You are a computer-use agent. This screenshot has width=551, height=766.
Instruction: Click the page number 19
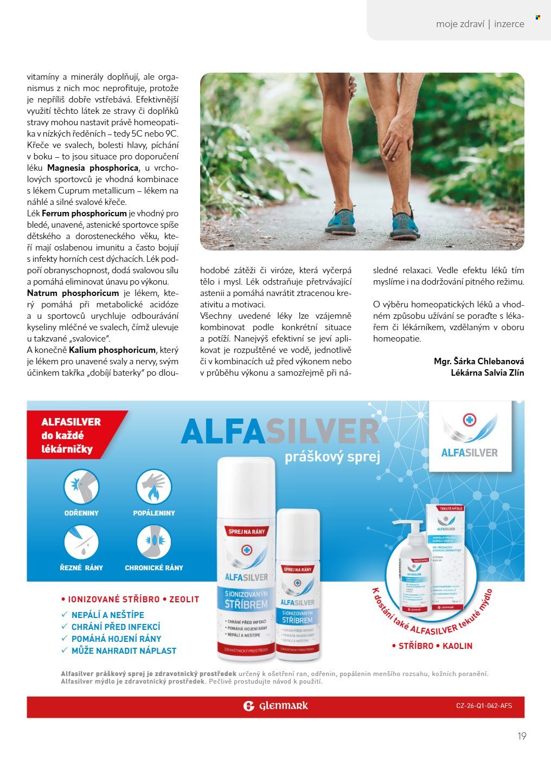coord(522,736)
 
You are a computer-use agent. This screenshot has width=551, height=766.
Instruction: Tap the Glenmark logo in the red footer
coord(275,706)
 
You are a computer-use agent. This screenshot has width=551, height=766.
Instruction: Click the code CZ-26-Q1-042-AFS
coord(484,706)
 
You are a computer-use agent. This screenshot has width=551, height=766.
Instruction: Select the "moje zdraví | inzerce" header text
coord(479,24)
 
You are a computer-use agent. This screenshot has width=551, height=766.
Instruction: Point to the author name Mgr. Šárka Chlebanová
coord(479,361)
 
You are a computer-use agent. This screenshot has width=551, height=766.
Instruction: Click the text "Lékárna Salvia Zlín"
coord(487,372)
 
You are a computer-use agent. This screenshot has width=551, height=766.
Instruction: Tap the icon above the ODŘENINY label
coord(81,486)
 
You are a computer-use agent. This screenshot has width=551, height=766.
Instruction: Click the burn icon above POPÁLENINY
coord(154,486)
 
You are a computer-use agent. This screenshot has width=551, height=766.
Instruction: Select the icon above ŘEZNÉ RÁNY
coord(81,543)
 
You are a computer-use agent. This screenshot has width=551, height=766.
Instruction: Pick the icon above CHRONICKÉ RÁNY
coord(154,543)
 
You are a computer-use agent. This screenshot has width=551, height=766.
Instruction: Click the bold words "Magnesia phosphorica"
coord(93,168)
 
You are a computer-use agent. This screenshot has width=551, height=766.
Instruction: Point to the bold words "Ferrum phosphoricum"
coord(84,214)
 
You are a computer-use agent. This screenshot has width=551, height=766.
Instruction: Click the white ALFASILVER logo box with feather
coord(470,436)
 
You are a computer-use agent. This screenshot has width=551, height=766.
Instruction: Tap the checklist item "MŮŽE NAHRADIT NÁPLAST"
coord(124,651)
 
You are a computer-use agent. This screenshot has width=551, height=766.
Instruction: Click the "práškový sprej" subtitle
coord(332,457)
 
